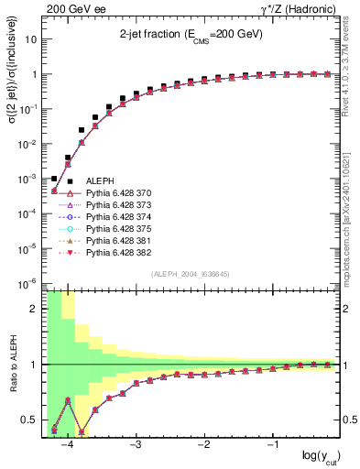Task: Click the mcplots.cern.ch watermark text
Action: point(352,220)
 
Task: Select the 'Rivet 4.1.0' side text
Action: point(352,87)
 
